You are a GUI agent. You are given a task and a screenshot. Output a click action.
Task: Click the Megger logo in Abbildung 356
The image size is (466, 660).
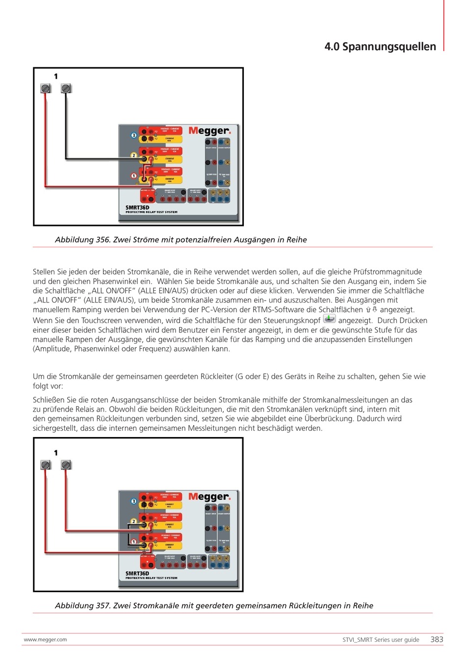(209, 131)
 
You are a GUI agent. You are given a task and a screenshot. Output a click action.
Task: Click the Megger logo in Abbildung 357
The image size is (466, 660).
(209, 497)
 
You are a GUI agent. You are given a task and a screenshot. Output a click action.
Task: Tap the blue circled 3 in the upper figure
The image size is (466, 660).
(133, 135)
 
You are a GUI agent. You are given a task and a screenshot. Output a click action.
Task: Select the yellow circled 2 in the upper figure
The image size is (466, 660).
(133, 155)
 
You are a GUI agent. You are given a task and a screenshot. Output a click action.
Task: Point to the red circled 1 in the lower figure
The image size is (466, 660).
(133, 542)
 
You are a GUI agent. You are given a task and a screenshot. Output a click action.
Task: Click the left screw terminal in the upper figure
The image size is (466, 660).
(46, 88)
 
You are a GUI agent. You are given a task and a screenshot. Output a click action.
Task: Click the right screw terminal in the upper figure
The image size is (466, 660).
(66, 88)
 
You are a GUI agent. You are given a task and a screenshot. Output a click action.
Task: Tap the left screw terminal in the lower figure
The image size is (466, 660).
(46, 465)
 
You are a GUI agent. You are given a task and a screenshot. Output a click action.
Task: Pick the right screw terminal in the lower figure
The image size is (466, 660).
(66, 465)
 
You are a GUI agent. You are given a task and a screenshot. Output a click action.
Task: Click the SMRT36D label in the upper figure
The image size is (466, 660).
(137, 207)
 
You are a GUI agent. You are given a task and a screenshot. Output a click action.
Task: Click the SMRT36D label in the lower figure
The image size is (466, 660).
(137, 573)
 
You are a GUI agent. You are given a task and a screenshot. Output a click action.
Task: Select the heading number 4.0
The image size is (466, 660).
(332, 47)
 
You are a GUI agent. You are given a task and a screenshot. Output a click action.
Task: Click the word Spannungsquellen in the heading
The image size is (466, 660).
(389, 47)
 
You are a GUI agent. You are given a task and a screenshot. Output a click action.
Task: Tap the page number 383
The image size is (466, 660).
(437, 639)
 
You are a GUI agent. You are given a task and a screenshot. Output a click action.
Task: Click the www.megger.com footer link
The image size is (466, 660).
(45, 639)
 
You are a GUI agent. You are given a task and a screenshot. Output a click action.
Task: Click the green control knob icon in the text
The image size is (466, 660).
(329, 319)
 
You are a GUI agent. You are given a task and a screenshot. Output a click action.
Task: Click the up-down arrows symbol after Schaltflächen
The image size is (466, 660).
(371, 310)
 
